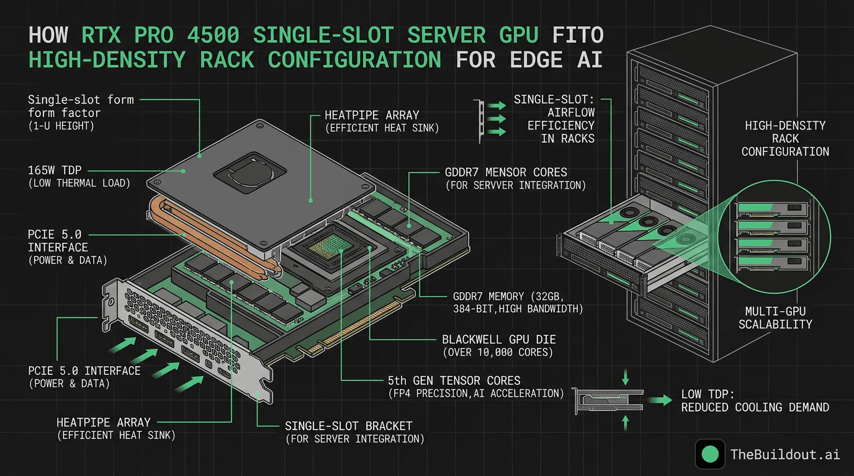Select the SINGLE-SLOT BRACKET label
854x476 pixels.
pyautogui.click(x=348, y=426)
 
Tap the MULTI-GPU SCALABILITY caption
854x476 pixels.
pyautogui.click(x=775, y=317)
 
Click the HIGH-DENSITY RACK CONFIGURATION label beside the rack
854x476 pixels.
pyautogui.click(x=785, y=138)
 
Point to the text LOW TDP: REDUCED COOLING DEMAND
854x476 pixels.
pyautogui.click(x=755, y=400)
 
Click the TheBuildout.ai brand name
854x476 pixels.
pyautogui.click(x=784, y=454)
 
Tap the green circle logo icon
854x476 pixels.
pyautogui.click(x=710, y=454)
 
